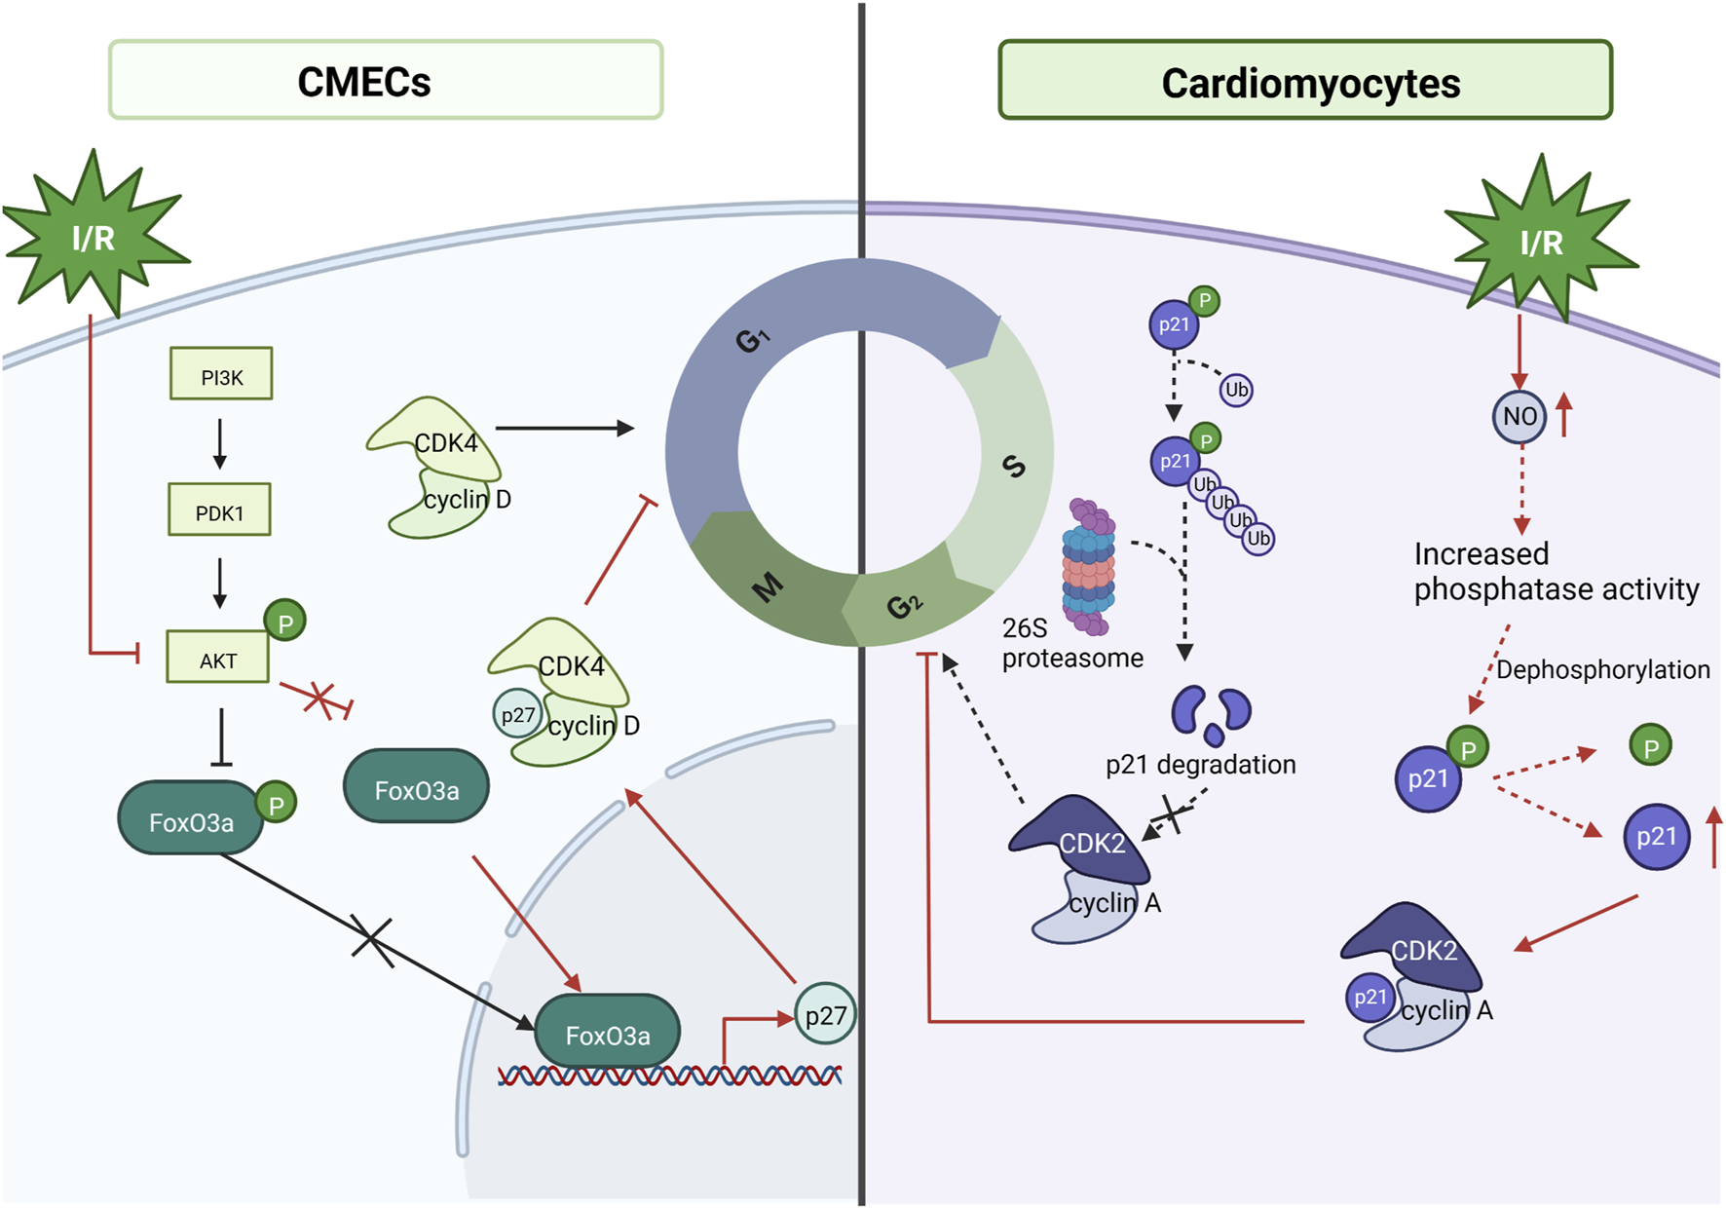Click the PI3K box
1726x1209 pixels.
(x=221, y=374)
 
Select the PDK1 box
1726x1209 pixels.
(x=219, y=510)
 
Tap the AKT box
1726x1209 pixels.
(x=217, y=658)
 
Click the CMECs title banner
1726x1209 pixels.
(x=386, y=81)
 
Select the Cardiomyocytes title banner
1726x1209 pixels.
(x=1304, y=81)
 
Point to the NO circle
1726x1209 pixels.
(x=1519, y=417)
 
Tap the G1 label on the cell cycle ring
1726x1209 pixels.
(x=752, y=340)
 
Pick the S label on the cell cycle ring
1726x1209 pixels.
(x=1014, y=467)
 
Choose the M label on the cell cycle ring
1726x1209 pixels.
(x=768, y=587)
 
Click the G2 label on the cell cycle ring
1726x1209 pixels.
(x=904, y=606)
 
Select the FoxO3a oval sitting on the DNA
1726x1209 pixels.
(x=607, y=1034)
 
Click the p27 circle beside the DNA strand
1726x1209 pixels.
(x=825, y=1015)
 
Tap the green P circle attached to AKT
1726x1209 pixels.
(x=284, y=622)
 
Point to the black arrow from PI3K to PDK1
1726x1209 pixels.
(x=220, y=443)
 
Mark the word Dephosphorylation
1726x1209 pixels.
(x=1602, y=669)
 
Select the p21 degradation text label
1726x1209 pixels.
(x=1200, y=765)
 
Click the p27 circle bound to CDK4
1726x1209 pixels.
(x=517, y=714)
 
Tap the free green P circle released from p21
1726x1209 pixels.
(x=1650, y=747)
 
